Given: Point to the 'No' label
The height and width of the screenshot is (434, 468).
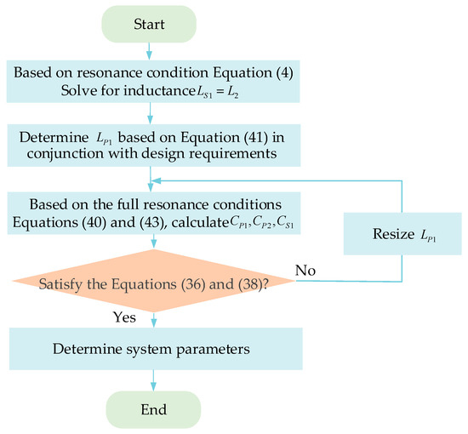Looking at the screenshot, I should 306,270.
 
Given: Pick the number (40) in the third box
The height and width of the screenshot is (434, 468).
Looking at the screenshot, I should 100,223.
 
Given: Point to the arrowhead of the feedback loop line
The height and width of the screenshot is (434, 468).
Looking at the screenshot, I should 157,180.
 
